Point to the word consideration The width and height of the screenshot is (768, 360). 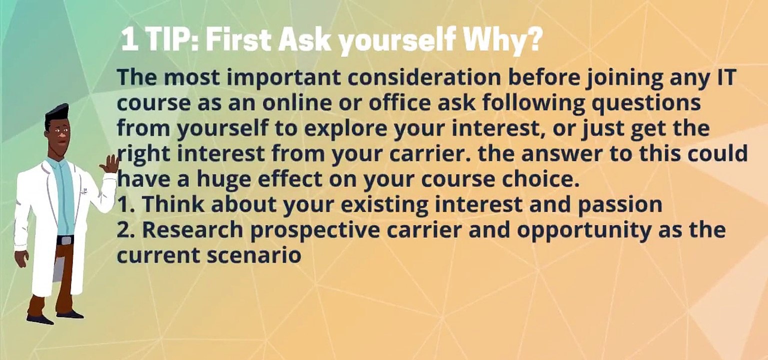pyautogui.click(x=424, y=77)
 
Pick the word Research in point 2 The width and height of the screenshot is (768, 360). pyautogui.click(x=192, y=229)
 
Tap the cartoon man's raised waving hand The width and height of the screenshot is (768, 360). pyautogui.click(x=109, y=164)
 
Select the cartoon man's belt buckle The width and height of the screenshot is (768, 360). pyautogui.click(x=65, y=240)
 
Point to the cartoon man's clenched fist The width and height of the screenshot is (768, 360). pyautogui.click(x=21, y=258)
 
